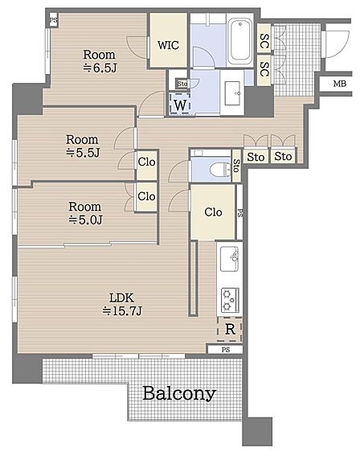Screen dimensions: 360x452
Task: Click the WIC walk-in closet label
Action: pyautogui.click(x=168, y=45)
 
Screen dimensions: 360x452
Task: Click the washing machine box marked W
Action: pyautogui.click(x=180, y=104)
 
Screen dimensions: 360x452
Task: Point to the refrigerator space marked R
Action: pyautogui.click(x=230, y=329)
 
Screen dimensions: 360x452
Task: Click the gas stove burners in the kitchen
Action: pyautogui.click(x=230, y=300)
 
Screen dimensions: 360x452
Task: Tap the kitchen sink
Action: pyautogui.click(x=229, y=259)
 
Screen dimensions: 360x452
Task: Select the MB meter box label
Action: pyautogui.click(x=340, y=84)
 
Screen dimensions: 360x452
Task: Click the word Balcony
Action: pyautogui.click(x=179, y=394)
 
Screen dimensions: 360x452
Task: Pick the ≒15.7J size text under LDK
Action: pyautogui.click(x=122, y=310)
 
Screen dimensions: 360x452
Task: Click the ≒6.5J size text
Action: pyautogui.click(x=100, y=68)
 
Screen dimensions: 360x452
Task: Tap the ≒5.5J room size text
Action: pyautogui.click(x=83, y=153)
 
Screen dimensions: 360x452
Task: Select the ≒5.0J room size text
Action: pyautogui.click(x=85, y=220)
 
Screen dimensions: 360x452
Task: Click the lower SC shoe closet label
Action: pyautogui.click(x=264, y=69)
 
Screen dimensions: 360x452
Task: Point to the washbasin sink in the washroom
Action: pyautogui.click(x=232, y=93)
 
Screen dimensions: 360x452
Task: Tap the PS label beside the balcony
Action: pyautogui.click(x=226, y=350)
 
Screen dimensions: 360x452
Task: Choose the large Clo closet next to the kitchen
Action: pyautogui.click(x=213, y=212)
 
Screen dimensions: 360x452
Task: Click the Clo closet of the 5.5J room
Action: pyautogui.click(x=146, y=162)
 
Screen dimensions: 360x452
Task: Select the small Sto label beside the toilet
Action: pyautogui.click(x=236, y=166)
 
